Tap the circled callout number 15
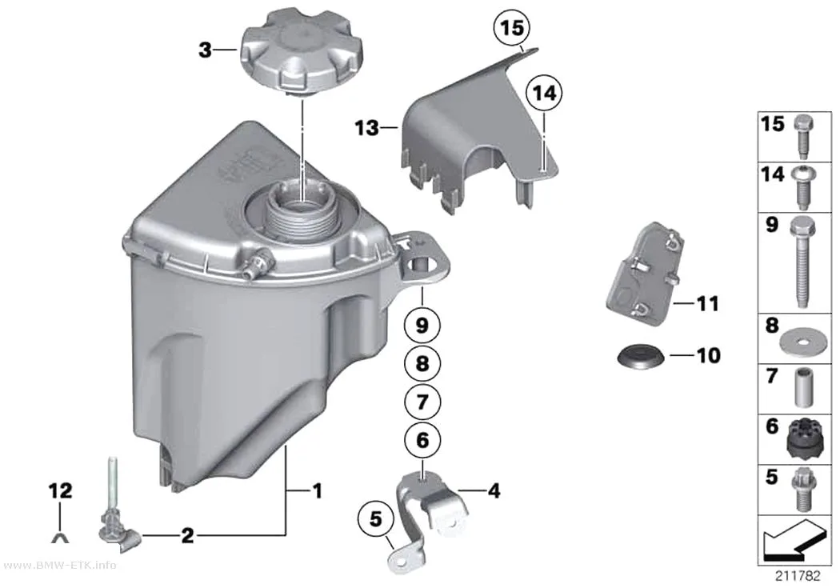512,27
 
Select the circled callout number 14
544,94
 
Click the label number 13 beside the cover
367,128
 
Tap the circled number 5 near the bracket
375,518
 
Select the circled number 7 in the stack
422,402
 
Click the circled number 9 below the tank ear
422,325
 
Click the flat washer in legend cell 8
802,341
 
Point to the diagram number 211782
798,576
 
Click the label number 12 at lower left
60,490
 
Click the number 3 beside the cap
205,51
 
